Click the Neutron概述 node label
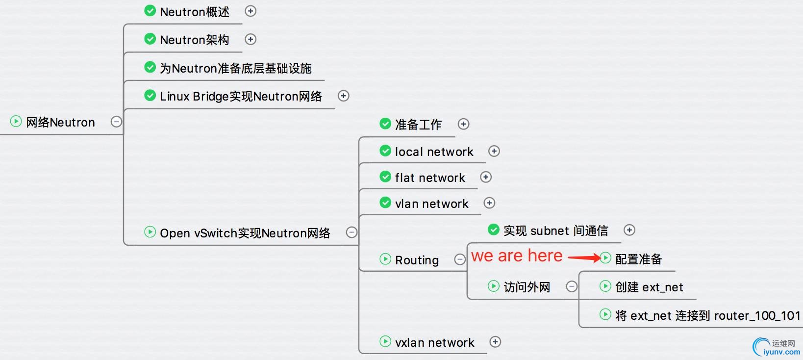pyautogui.click(x=194, y=12)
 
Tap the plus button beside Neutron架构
pyautogui.click(x=251, y=39)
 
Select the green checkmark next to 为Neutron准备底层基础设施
pyautogui.click(x=150, y=67)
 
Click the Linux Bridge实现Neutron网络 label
pyautogui.click(x=241, y=96)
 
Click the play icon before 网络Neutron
pyautogui.click(x=16, y=121)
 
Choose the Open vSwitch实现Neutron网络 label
pyautogui.click(x=245, y=233)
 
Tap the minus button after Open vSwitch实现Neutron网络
pyautogui.click(x=351, y=232)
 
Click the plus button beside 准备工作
pyautogui.click(x=463, y=124)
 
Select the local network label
pyautogui.click(x=434, y=152)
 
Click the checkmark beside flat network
pyautogui.click(x=385, y=177)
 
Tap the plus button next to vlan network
pyautogui.click(x=489, y=203)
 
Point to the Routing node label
pyautogui.click(x=417, y=260)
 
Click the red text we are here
pyautogui.click(x=517, y=256)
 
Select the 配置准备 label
pyautogui.click(x=638, y=259)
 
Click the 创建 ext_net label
pyautogui.click(x=649, y=287)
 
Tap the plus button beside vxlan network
pyautogui.click(x=495, y=342)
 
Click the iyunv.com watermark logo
pyautogui.click(x=777, y=347)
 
